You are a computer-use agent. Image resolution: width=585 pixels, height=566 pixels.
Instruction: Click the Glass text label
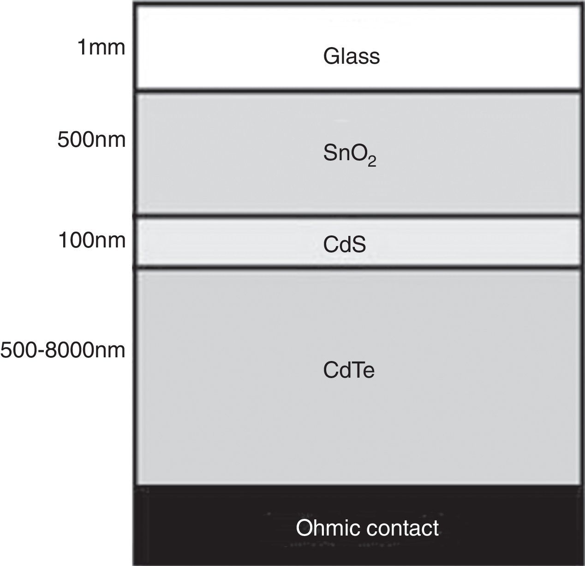351,56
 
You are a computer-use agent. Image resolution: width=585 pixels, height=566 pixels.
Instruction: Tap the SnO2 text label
349,154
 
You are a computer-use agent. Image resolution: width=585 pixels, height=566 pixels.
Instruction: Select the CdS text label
344,245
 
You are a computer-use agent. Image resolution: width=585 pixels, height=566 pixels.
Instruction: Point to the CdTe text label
348,370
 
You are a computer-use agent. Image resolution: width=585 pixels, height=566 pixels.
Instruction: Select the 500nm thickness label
91,139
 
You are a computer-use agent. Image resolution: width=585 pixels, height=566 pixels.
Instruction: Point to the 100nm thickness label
91,241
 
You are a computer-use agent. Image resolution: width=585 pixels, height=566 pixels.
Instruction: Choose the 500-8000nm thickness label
63,350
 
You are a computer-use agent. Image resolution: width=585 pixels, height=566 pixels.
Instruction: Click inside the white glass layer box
231,46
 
